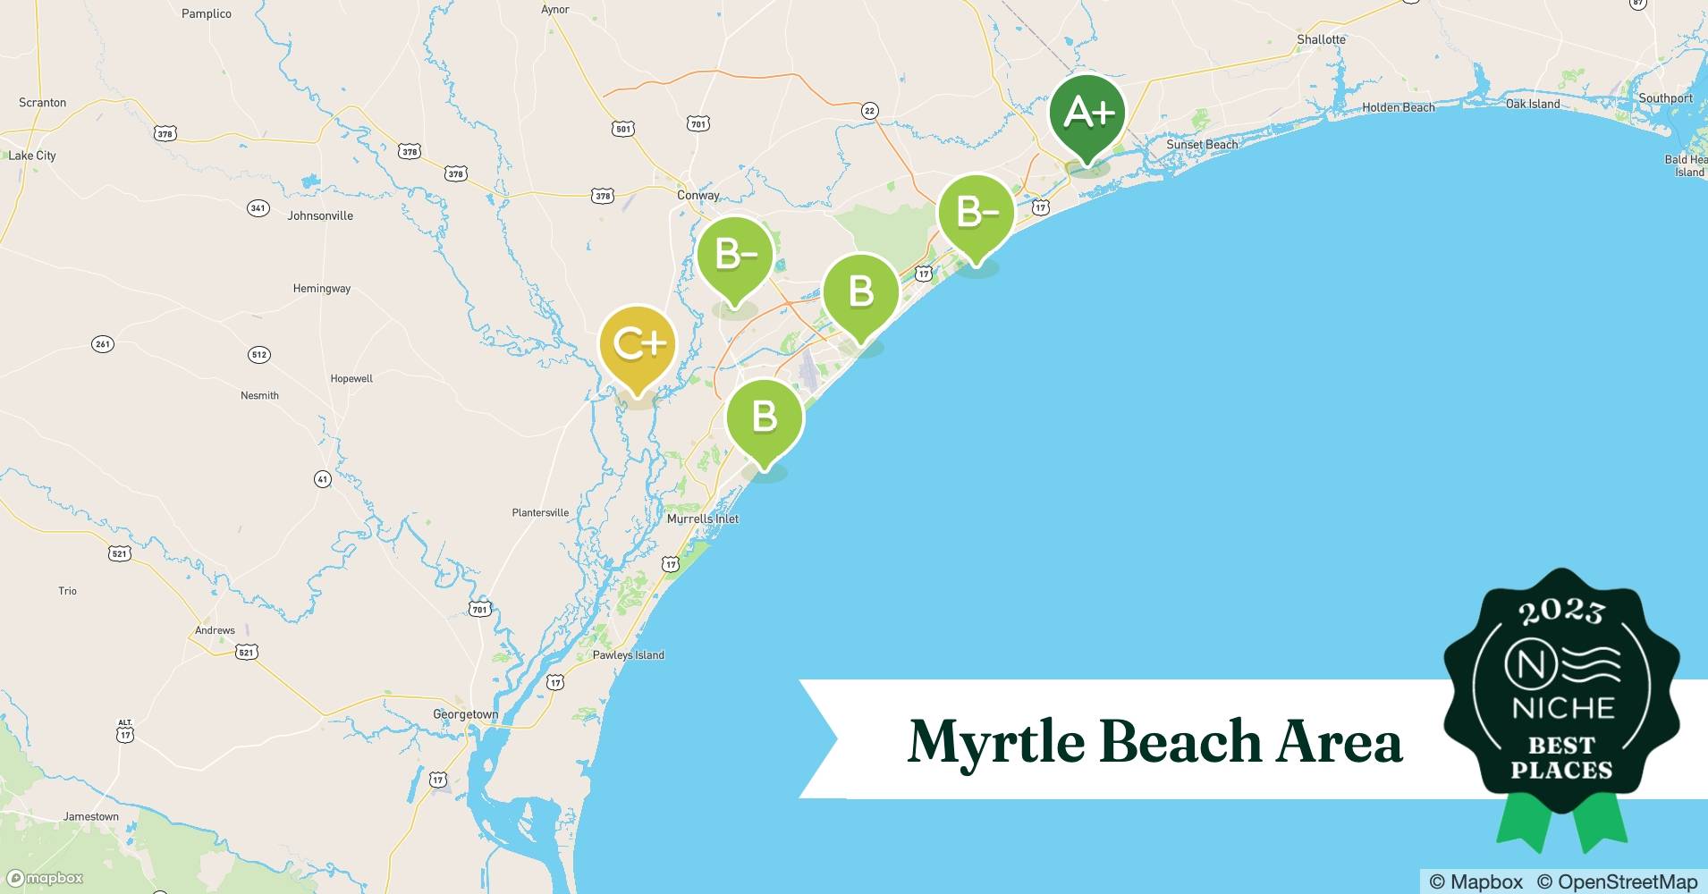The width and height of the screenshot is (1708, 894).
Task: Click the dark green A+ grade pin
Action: [1087, 114]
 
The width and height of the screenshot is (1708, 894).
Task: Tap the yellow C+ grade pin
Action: [636, 345]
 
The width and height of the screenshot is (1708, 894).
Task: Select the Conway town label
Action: [698, 195]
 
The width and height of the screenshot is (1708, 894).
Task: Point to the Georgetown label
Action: [465, 714]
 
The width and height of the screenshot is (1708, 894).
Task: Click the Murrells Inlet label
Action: [703, 519]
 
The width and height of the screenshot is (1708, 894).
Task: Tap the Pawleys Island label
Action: [629, 655]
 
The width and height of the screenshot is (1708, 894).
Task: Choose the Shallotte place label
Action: [1321, 39]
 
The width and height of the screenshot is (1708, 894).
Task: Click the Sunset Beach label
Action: [1202, 145]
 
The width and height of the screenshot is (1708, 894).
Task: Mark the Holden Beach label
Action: [1398, 107]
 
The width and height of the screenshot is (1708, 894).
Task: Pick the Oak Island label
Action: [1532, 104]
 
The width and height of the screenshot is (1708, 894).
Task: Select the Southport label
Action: [1665, 98]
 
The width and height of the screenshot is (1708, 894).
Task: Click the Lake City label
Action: [32, 156]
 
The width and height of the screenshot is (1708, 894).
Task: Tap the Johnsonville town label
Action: [320, 215]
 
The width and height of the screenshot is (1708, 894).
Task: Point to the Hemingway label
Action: [322, 289]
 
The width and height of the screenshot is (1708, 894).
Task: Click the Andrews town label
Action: [215, 630]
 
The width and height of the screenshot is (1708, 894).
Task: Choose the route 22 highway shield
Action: [869, 111]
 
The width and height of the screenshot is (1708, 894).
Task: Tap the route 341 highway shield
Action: [258, 208]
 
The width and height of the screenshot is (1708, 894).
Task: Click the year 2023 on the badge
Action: [1561, 611]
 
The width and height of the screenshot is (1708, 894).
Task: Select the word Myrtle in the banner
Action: [997, 741]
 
